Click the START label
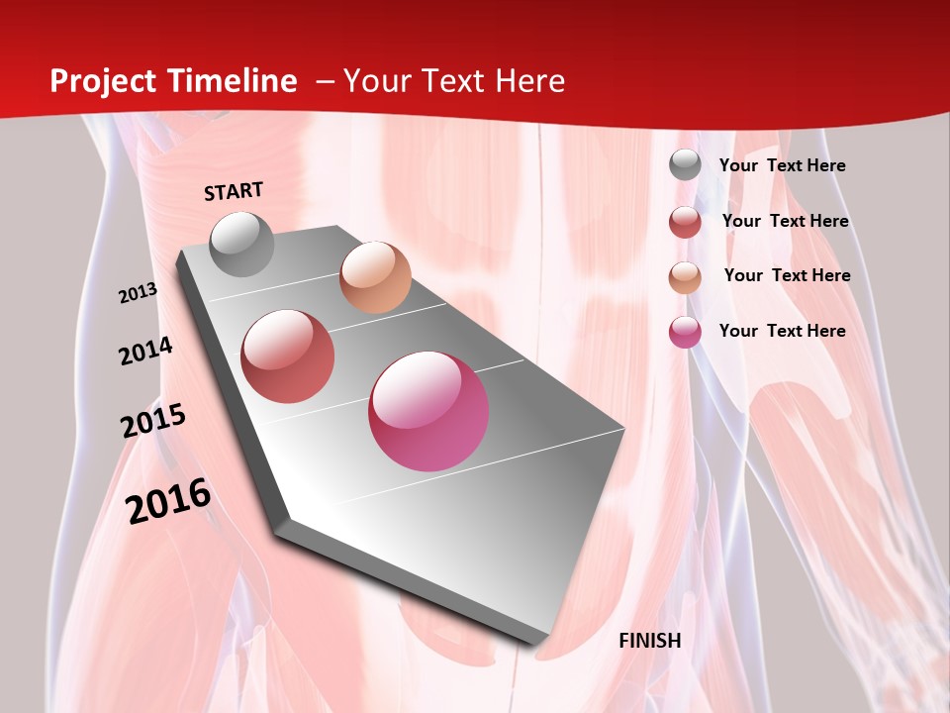[234, 191]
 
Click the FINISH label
[649, 641]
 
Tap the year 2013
[138, 293]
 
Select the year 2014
[145, 352]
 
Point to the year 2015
[153, 421]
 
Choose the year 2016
[168, 501]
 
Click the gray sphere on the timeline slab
[242, 244]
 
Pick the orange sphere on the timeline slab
[375, 276]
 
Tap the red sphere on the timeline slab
[288, 356]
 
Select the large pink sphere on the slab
[428, 411]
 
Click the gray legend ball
[685, 165]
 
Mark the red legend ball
[685, 222]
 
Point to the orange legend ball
[685, 276]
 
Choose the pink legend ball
[685, 332]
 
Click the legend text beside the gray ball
[782, 165]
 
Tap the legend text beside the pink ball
[782, 331]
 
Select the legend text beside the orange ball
[787, 275]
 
